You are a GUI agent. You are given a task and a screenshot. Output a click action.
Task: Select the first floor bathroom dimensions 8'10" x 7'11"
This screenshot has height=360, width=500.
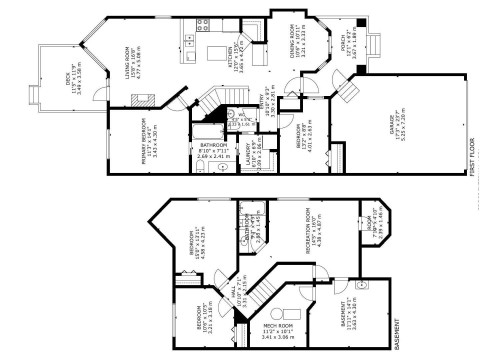(x=204, y=151)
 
